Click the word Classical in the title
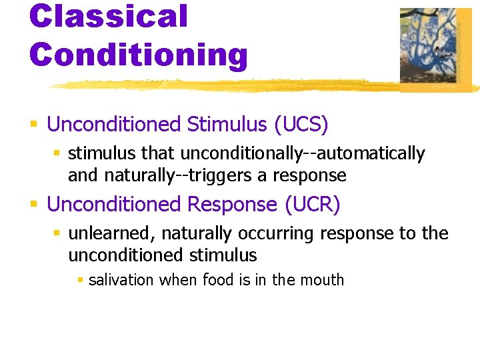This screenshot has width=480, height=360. pos(109,16)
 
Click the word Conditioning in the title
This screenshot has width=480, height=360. pos(138,55)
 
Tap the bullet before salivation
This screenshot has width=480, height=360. pos(80,281)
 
